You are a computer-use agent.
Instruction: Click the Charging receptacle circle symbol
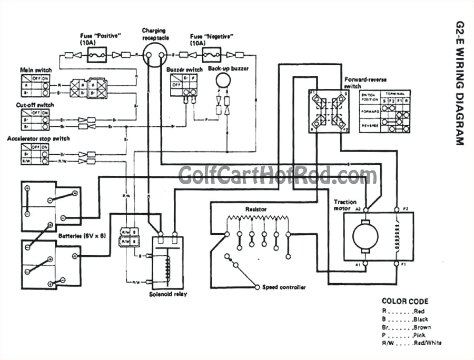click(x=155, y=54)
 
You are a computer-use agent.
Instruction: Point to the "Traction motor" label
click(x=345, y=205)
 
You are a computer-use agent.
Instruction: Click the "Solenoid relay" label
click(x=168, y=294)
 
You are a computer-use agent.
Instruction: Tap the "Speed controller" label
click(x=284, y=287)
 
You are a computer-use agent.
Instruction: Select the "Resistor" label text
click(x=256, y=209)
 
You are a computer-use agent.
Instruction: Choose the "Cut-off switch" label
click(x=35, y=105)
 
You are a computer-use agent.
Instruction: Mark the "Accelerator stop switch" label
click(x=38, y=138)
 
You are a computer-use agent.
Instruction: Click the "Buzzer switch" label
click(x=184, y=69)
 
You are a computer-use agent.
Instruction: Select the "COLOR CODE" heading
click(x=404, y=302)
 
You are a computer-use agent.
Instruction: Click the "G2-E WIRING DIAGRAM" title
click(x=459, y=84)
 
